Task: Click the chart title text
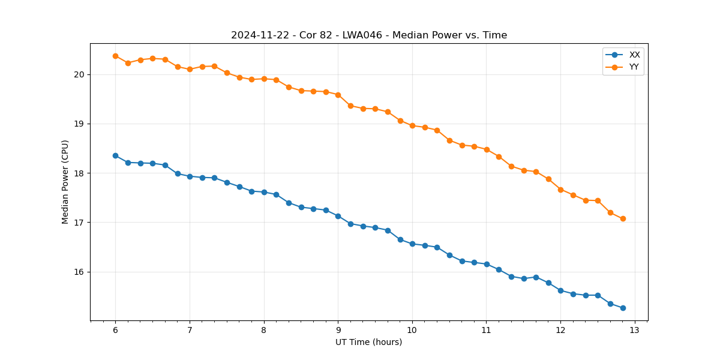click(x=369, y=35)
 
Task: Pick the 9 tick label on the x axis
click(x=338, y=331)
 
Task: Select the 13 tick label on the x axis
click(x=634, y=331)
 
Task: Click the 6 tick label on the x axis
click(x=115, y=331)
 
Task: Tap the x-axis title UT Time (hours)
click(x=369, y=343)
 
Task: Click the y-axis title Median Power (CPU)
click(x=65, y=182)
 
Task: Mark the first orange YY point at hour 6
click(x=115, y=56)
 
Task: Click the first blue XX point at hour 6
click(x=115, y=155)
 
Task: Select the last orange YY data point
click(x=623, y=218)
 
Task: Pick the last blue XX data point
click(x=623, y=308)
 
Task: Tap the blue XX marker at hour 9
click(x=338, y=216)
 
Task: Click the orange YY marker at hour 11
click(x=487, y=149)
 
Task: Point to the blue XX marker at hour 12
click(x=560, y=290)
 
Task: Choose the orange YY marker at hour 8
click(x=264, y=79)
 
